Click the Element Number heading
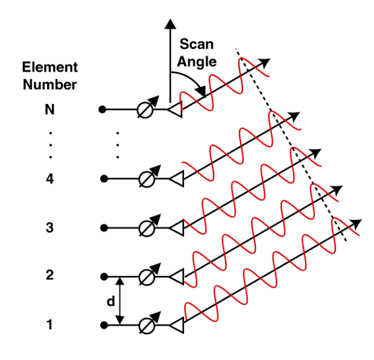pyautogui.click(x=50, y=76)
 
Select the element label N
pyautogui.click(x=50, y=110)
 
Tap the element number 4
pyautogui.click(x=50, y=179)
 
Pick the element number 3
pyautogui.click(x=50, y=228)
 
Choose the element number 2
pyautogui.click(x=50, y=275)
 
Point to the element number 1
pyautogui.click(x=50, y=326)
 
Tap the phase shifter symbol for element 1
pyautogui.click(x=145, y=326)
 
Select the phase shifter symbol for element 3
pyautogui.click(x=145, y=228)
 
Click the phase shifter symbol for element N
pyautogui.click(x=145, y=110)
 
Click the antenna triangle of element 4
pyautogui.click(x=176, y=179)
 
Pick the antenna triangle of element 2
pyautogui.click(x=176, y=277)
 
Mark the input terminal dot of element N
pyautogui.click(x=103, y=110)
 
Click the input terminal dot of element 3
pyautogui.click(x=103, y=228)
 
